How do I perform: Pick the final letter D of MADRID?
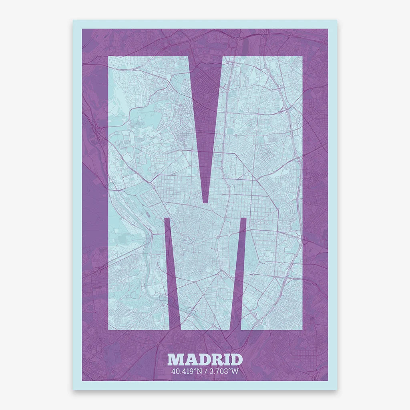236,360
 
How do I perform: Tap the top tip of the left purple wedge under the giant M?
167,218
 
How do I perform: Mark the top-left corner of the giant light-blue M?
108,56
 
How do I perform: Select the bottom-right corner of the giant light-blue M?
302,330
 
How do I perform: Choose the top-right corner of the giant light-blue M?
302,56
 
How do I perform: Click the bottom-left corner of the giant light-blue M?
108,330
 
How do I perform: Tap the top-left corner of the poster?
73,20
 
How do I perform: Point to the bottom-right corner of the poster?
337,390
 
